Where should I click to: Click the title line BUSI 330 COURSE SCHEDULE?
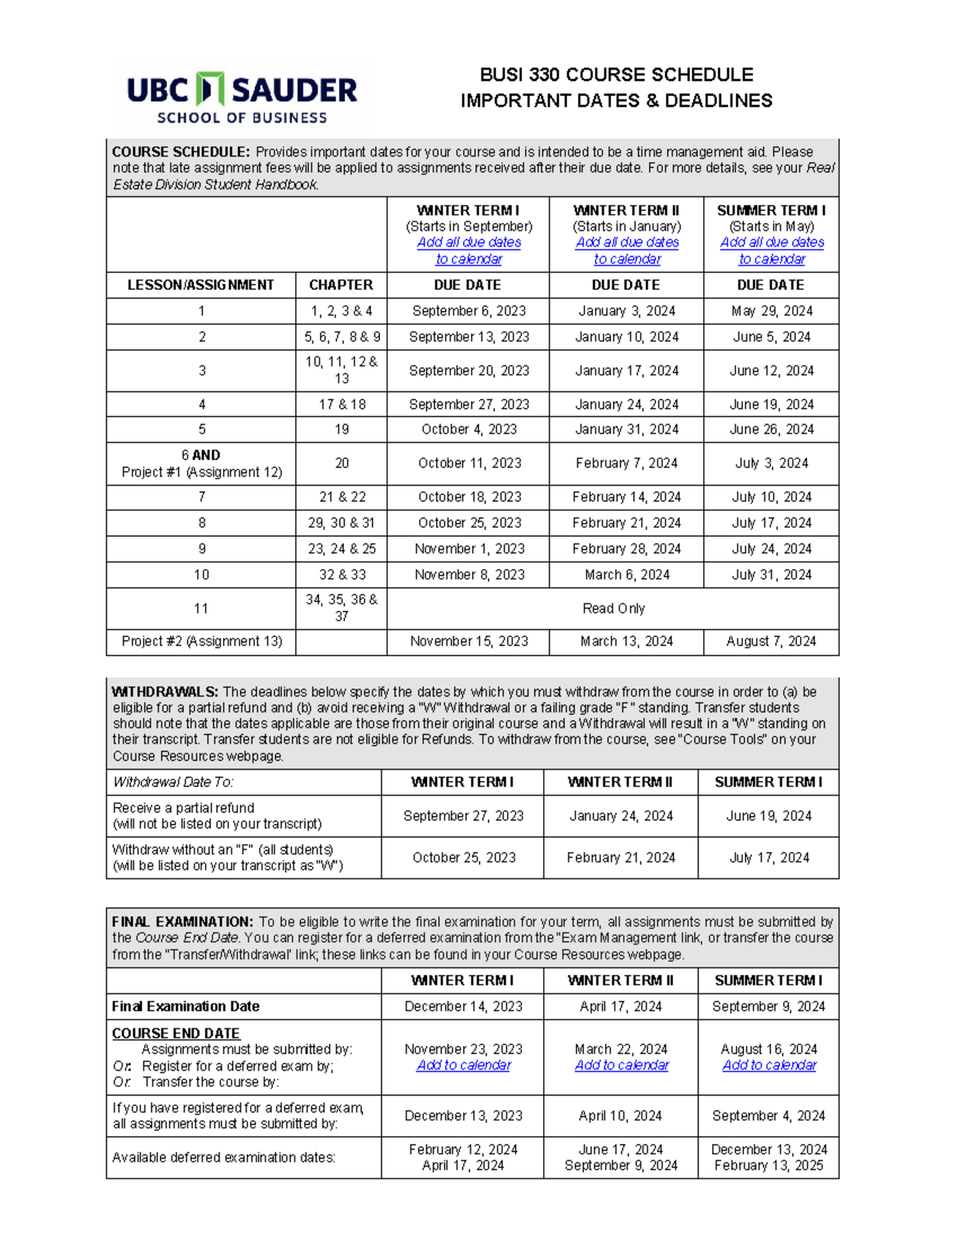(616, 75)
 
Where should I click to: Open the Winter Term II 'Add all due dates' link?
(627, 251)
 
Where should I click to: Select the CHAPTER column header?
(341, 285)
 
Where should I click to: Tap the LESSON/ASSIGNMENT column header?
(200, 285)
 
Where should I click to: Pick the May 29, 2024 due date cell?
(771, 311)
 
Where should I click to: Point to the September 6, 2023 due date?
(469, 311)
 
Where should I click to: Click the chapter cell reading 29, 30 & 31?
(341, 523)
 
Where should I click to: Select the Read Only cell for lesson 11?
(613, 608)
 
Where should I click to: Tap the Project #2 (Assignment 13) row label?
(201, 641)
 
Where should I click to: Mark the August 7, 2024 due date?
(771, 641)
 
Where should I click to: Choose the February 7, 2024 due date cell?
(626, 463)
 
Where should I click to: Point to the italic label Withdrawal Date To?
(173, 782)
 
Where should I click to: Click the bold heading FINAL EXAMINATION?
(183, 921)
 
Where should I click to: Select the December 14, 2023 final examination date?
(463, 1007)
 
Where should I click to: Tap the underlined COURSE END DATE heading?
(176, 1033)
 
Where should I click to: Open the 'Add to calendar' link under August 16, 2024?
(770, 1065)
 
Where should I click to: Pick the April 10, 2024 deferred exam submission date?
(620, 1115)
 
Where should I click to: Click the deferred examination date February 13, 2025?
(769, 1166)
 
